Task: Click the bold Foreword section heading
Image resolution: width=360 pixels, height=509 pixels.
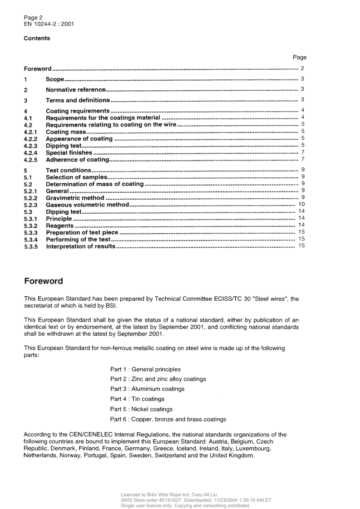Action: coord(43,281)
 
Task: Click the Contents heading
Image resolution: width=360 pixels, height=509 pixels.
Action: coord(37,38)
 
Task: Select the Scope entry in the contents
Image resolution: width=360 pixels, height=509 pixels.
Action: coord(54,79)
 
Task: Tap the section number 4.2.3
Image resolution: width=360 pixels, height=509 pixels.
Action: coord(30,146)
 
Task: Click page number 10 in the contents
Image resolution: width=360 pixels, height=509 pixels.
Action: coord(301,205)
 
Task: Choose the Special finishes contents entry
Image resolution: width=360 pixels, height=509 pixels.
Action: coord(69,152)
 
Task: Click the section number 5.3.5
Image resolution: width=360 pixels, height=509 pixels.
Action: coord(30,246)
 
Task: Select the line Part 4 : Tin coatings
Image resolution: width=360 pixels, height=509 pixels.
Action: coord(137,399)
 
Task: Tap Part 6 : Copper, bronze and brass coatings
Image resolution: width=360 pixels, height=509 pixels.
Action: coord(168,419)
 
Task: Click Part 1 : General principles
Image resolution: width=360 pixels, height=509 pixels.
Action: coord(145,369)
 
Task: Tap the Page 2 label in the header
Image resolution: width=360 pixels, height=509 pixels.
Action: coord(33,18)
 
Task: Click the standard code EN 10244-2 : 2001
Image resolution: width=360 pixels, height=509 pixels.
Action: coord(49,24)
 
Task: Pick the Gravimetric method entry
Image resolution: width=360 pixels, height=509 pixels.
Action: coord(75,198)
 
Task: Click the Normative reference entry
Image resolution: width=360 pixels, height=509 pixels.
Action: coord(76,89)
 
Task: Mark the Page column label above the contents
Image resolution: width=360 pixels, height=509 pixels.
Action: coord(300,57)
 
